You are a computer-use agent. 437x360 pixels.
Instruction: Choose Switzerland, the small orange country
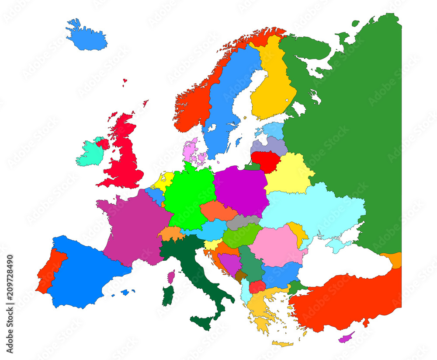171,234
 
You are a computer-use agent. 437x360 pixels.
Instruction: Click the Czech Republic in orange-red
218,211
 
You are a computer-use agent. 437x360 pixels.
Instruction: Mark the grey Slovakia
243,222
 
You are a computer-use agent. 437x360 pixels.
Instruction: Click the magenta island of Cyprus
347,337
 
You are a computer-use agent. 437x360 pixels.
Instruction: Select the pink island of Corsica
171,276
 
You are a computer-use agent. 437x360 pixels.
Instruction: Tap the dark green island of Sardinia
168,297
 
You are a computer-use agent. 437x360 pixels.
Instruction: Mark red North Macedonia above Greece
257,287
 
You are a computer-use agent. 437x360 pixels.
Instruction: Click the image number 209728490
10,304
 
